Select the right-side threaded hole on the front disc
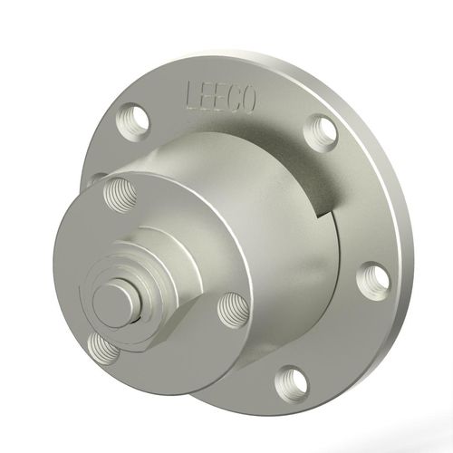(x=231, y=311)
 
